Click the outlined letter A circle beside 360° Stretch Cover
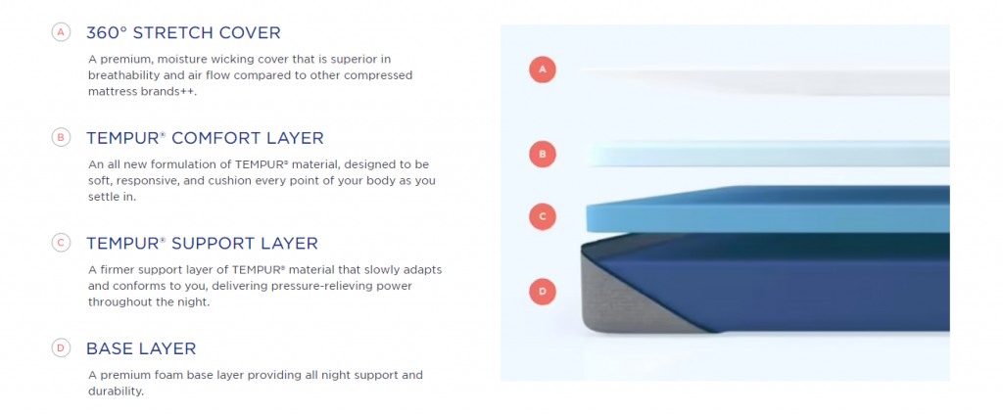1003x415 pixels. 61,32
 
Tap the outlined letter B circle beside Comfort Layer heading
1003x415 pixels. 61,137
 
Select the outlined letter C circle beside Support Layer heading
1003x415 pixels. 61,243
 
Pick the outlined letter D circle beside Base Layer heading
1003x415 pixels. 61,348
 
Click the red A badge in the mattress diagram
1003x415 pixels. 543,69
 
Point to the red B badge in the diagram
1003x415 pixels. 543,154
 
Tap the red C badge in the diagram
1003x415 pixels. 543,216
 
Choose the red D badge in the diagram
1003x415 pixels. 543,292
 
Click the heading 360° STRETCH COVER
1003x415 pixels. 183,32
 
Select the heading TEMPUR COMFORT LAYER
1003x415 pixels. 205,138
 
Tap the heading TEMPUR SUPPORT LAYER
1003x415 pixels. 202,244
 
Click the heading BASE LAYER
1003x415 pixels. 141,349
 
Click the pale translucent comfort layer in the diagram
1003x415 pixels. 768,154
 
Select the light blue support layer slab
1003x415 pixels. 768,209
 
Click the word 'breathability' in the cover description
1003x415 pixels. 120,75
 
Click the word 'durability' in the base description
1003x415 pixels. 116,391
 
